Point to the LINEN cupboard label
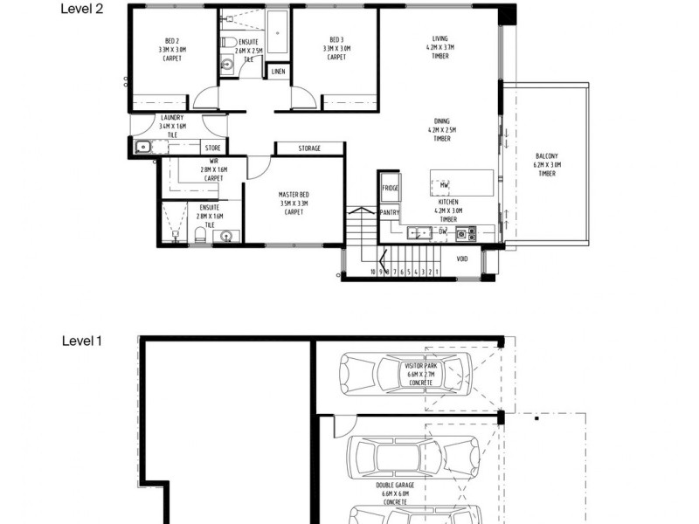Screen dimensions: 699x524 [279, 72]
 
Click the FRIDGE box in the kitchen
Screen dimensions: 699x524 [390, 188]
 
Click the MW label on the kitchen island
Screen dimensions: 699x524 [444, 185]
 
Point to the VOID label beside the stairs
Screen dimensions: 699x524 [461, 259]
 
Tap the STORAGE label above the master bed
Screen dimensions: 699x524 [308, 148]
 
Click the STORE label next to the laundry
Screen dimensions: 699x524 [212, 148]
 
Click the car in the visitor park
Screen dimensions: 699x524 [403, 373]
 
